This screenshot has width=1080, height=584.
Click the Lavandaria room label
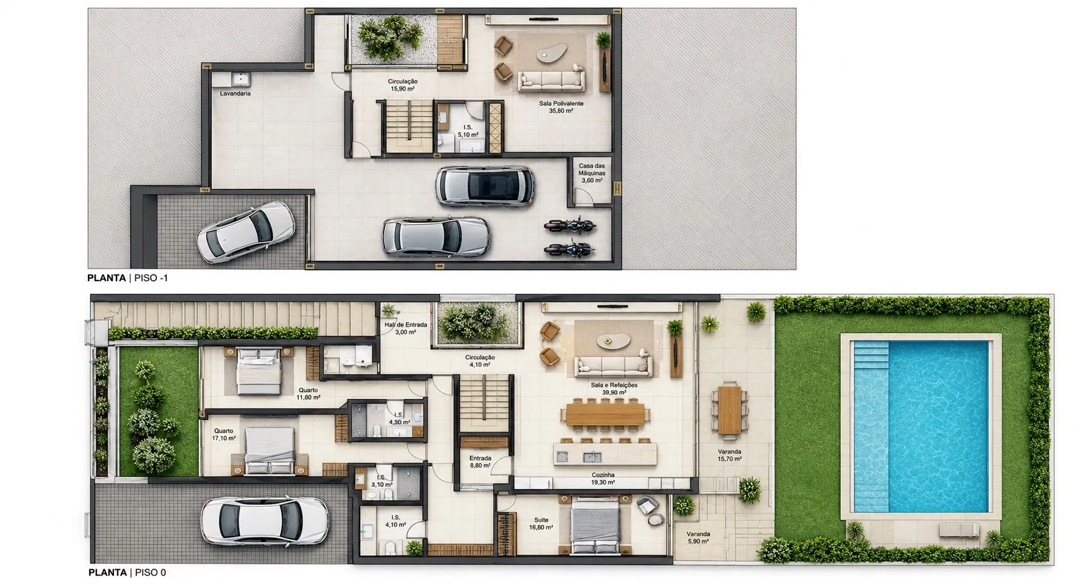[235, 94]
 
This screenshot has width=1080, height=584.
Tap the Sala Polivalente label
[562, 103]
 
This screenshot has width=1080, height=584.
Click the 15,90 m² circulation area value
[402, 89]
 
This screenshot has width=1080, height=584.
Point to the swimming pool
[921, 426]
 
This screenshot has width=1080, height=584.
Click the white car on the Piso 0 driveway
[265, 522]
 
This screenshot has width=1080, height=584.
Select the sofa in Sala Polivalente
[551, 80]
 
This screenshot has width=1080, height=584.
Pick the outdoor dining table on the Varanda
[729, 410]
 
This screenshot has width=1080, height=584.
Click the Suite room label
[541, 520]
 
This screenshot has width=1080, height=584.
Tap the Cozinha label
[603, 475]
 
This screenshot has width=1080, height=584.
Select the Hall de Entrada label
[406, 325]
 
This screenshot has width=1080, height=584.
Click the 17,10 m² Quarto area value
[223, 438]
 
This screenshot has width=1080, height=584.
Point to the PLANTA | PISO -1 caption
[127, 278]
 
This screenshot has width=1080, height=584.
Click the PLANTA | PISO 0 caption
[127, 573]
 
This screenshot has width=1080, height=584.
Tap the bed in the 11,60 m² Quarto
[259, 371]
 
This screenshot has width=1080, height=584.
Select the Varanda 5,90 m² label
[698, 538]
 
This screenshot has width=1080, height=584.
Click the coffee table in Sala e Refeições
[613, 341]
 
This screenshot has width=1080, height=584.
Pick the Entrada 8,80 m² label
[480, 462]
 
